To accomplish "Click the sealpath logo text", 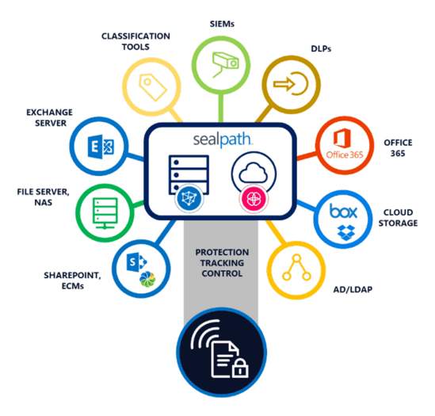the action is click(x=223, y=139).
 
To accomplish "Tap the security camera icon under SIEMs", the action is click(x=225, y=65).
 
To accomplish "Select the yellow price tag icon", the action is click(x=153, y=87).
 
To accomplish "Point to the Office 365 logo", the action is click(x=344, y=143).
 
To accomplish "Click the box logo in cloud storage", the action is click(x=343, y=212).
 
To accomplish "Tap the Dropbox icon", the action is click(x=346, y=232).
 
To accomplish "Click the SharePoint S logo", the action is click(x=136, y=262).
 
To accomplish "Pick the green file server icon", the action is click(x=105, y=213).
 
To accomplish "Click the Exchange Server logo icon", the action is click(x=101, y=147).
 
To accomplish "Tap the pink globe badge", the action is click(x=254, y=199).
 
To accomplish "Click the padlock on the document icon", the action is click(x=240, y=368).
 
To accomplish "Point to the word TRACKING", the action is click(x=222, y=263).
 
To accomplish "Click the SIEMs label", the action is click(x=222, y=24).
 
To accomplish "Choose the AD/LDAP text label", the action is click(x=353, y=290).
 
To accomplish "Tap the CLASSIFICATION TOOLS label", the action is click(x=135, y=41).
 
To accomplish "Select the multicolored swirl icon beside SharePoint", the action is click(x=147, y=279).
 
